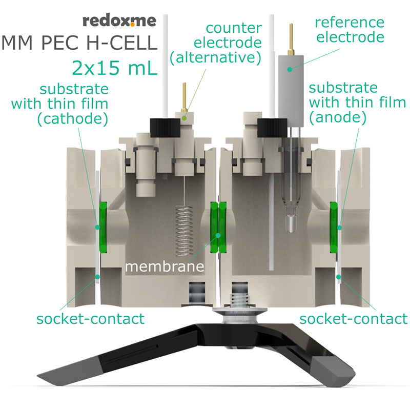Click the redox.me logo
coord(119,21)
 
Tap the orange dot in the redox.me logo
coord(133,25)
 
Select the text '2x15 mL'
coord(114,68)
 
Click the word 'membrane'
coord(165,266)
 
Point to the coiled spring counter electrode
coord(184,231)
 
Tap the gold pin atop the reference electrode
coord(291,39)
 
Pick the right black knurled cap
coord(272,128)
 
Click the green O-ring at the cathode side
coord(103,227)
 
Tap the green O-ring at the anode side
coord(334,227)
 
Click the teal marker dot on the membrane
coord(218,235)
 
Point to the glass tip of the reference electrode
coord(291,223)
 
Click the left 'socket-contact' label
coord(91,319)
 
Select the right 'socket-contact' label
coord(354,319)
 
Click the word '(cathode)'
coord(72,119)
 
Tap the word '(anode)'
coord(338,117)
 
